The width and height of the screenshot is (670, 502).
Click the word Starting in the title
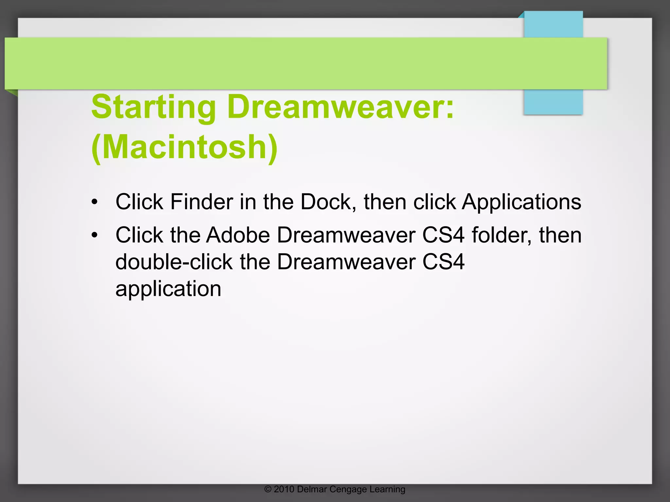[153, 107]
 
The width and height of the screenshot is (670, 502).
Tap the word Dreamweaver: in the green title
[341, 107]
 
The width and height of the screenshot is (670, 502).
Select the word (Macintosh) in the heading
[185, 147]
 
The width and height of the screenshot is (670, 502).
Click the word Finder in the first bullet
[202, 202]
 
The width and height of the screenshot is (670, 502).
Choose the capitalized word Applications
[521, 202]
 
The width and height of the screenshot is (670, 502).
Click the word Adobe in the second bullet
[238, 235]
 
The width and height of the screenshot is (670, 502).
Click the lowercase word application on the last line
[168, 289]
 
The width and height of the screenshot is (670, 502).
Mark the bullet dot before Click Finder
[95, 202]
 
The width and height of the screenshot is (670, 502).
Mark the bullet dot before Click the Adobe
[95, 235]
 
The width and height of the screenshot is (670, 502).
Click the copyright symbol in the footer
[268, 489]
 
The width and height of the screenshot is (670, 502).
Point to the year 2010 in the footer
[284, 489]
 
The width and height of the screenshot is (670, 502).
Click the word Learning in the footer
[387, 490]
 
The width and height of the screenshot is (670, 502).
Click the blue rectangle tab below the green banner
[553, 102]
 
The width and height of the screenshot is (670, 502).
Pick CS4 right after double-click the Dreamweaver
[443, 262]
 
